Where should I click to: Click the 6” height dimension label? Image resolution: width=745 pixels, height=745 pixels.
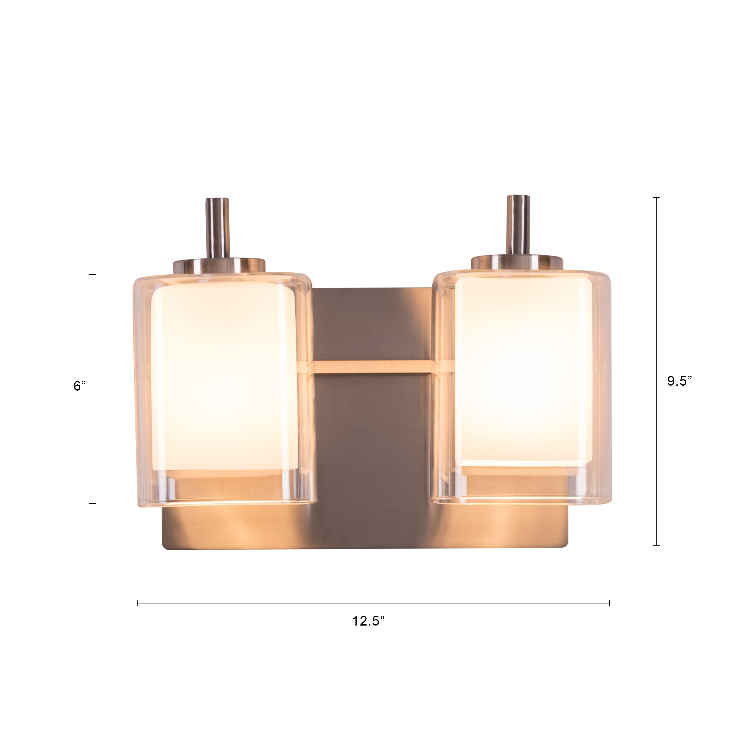pyautogui.click(x=80, y=386)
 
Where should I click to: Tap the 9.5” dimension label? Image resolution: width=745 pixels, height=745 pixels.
pyautogui.click(x=680, y=381)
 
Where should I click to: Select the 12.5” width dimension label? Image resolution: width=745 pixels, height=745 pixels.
pyautogui.click(x=369, y=621)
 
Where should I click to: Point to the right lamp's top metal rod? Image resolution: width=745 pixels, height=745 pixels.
pyautogui.click(x=518, y=225)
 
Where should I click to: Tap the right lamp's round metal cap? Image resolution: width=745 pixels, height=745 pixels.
pyautogui.click(x=517, y=262)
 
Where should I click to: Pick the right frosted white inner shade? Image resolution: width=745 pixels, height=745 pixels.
pyautogui.click(x=523, y=370)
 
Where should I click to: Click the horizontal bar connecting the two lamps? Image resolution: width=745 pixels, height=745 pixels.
pyautogui.click(x=373, y=367)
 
